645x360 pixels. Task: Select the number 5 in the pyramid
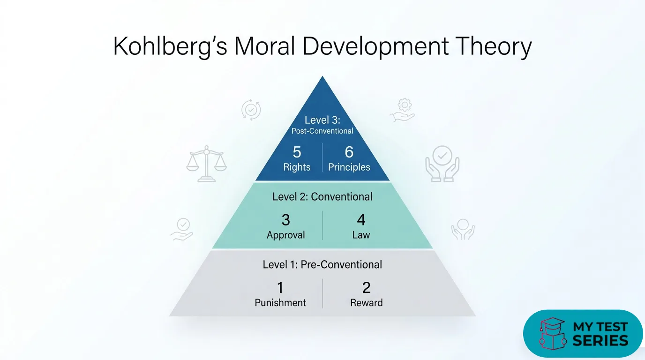(x=297, y=152)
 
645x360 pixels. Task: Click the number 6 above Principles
(x=349, y=152)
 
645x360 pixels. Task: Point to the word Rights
(x=297, y=167)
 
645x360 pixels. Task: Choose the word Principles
(x=349, y=167)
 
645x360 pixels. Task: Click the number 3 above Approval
(x=285, y=220)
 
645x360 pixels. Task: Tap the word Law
(x=361, y=235)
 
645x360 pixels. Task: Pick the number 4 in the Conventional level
(x=361, y=220)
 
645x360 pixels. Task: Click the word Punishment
(x=280, y=303)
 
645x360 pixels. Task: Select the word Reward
(x=366, y=303)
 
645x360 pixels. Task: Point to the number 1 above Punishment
(x=280, y=287)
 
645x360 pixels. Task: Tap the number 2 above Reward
(x=366, y=287)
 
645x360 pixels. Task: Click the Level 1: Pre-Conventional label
(x=322, y=264)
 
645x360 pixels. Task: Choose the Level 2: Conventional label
(x=322, y=196)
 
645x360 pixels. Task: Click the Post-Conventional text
(x=322, y=131)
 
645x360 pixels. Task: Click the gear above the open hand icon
(x=403, y=104)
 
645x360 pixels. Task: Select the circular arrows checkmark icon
(x=251, y=110)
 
